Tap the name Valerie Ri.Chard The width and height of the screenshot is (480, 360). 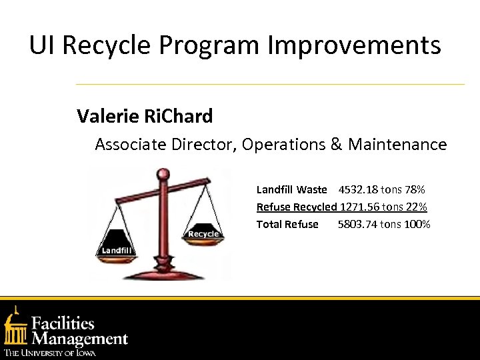(145, 117)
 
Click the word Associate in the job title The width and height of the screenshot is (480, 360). (130, 144)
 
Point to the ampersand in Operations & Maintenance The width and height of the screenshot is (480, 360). (336, 144)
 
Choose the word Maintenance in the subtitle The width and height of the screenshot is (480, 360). (397, 144)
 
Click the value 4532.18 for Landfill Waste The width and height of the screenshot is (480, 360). (357, 190)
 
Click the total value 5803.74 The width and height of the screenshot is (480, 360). (357, 225)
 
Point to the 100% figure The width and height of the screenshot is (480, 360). (417, 225)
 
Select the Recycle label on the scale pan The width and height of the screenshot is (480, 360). (203, 234)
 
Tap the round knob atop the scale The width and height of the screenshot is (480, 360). (162, 175)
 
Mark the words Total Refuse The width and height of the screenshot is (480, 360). (287, 225)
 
